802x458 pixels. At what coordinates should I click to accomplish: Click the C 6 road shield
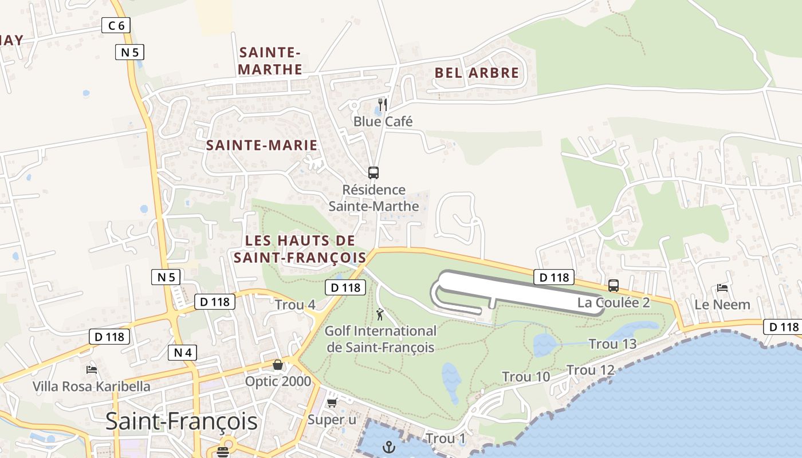click(116, 25)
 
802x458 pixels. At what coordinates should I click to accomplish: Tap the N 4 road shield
click(183, 353)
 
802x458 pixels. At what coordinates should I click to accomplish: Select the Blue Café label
click(383, 121)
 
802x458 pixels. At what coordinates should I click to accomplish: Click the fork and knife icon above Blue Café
click(383, 104)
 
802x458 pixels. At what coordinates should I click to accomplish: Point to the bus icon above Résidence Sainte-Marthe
click(374, 172)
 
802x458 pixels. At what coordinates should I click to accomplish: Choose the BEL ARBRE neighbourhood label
click(477, 73)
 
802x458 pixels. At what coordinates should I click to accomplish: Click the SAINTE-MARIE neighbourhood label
click(261, 145)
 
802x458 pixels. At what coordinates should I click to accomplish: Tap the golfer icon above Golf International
click(380, 314)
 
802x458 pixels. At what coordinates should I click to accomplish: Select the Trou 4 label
click(295, 305)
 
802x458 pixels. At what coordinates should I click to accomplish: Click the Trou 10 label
click(526, 377)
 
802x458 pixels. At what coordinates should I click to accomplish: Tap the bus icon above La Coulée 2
click(614, 286)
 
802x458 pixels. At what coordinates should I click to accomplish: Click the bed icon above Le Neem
click(722, 288)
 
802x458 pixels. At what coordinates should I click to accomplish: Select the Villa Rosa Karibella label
click(92, 386)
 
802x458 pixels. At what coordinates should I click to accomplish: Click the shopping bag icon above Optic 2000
click(278, 365)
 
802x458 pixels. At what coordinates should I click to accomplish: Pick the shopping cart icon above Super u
click(332, 403)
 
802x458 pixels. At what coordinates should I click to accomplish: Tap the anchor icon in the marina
click(390, 447)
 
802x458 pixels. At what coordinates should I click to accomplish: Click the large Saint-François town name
click(182, 421)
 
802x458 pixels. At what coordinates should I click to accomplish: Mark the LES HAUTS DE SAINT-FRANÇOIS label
click(300, 249)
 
